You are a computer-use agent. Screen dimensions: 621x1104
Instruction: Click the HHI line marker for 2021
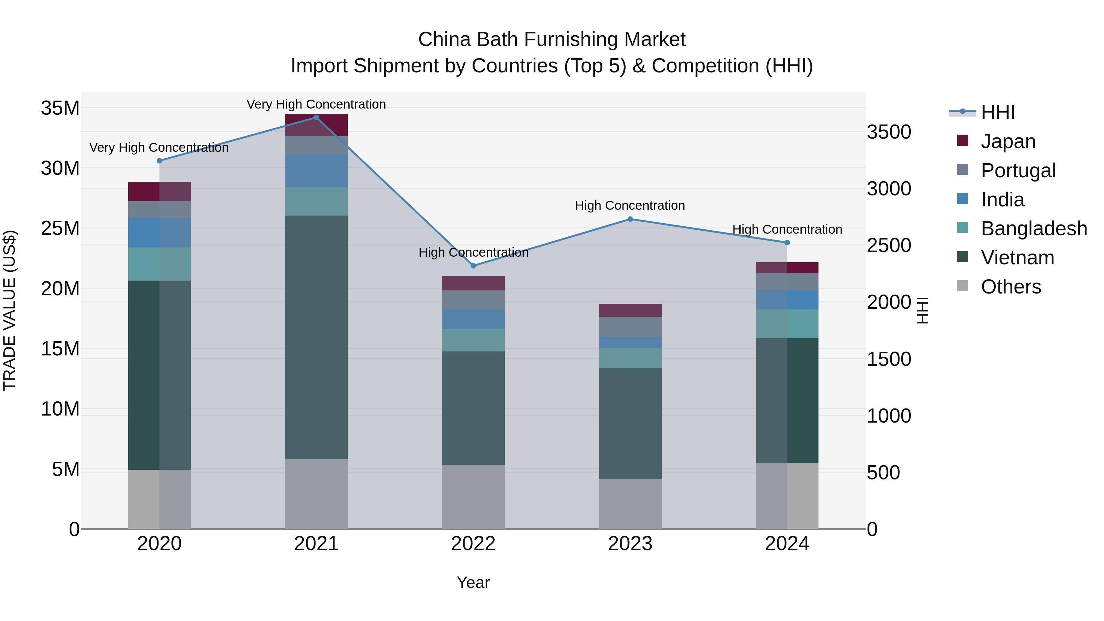[x=316, y=117]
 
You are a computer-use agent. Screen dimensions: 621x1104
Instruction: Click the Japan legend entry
[x=1008, y=141]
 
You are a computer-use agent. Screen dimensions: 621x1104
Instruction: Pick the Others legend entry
[x=1010, y=287]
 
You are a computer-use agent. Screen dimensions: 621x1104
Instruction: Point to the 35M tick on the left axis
[x=60, y=108]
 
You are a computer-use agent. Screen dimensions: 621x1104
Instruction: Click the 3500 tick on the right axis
[x=888, y=132]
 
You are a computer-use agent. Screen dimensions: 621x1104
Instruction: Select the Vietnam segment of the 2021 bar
[x=316, y=337]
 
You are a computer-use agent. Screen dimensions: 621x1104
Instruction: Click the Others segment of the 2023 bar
[x=630, y=504]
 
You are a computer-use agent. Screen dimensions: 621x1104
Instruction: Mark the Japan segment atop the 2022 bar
[x=473, y=283]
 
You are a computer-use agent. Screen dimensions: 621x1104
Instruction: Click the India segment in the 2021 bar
[x=316, y=171]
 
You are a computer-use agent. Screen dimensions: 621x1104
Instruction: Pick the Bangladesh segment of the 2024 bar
[x=787, y=324]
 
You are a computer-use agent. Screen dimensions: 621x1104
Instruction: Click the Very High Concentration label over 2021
[x=316, y=105]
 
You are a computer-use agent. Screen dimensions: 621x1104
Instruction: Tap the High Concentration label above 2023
[x=630, y=206]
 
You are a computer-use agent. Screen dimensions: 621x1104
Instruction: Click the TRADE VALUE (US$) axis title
[x=10, y=311]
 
